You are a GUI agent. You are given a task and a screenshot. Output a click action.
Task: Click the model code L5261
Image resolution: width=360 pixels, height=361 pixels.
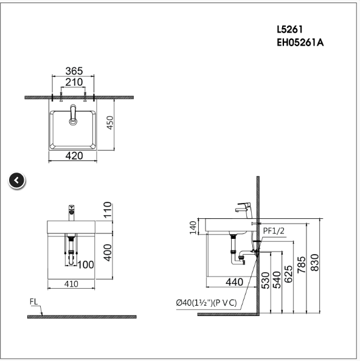coord(291,29)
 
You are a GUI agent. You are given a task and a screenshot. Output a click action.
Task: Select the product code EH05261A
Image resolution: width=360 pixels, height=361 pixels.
coord(300,43)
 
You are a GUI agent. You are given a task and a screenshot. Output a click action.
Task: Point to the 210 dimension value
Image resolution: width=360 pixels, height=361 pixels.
coord(73,83)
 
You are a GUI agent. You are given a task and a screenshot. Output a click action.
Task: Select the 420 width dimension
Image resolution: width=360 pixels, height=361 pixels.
coord(74,156)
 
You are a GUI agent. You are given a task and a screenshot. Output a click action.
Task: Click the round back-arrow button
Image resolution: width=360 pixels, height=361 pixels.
coord(17,180)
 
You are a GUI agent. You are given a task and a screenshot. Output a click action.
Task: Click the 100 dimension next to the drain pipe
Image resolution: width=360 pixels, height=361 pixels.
coord(86,265)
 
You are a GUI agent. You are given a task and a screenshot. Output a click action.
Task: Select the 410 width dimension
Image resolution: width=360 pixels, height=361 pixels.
coord(72,283)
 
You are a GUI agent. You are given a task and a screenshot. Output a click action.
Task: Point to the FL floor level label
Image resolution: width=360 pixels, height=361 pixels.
coord(34,301)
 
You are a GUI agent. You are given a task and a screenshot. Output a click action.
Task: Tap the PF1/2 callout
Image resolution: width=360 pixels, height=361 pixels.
coord(274,230)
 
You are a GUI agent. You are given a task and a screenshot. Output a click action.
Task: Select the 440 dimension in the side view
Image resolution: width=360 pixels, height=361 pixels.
coord(234,282)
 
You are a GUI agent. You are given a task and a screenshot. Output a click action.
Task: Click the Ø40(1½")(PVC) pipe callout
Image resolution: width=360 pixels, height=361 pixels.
coord(206,303)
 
